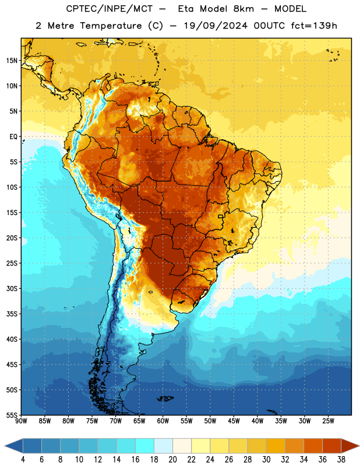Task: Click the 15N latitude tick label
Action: (x=12, y=61)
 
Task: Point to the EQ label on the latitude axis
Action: (x=13, y=137)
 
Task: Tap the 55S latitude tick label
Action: (x=12, y=415)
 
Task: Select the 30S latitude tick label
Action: (x=12, y=288)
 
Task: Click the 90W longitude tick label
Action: (x=21, y=421)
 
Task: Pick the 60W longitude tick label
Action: (x=163, y=421)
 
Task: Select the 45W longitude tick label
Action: (x=234, y=421)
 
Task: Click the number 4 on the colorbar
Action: (x=23, y=460)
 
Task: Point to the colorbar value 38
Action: (x=341, y=460)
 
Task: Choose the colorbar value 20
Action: (x=172, y=460)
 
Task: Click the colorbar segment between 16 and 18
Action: (x=145, y=446)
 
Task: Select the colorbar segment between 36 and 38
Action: (x=332, y=446)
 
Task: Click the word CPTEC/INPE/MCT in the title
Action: (x=110, y=9)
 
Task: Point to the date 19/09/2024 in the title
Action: (x=216, y=26)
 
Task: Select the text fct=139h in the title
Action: (x=314, y=26)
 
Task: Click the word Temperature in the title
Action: (x=111, y=26)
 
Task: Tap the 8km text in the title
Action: (x=243, y=9)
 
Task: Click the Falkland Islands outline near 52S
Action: (x=165, y=398)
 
